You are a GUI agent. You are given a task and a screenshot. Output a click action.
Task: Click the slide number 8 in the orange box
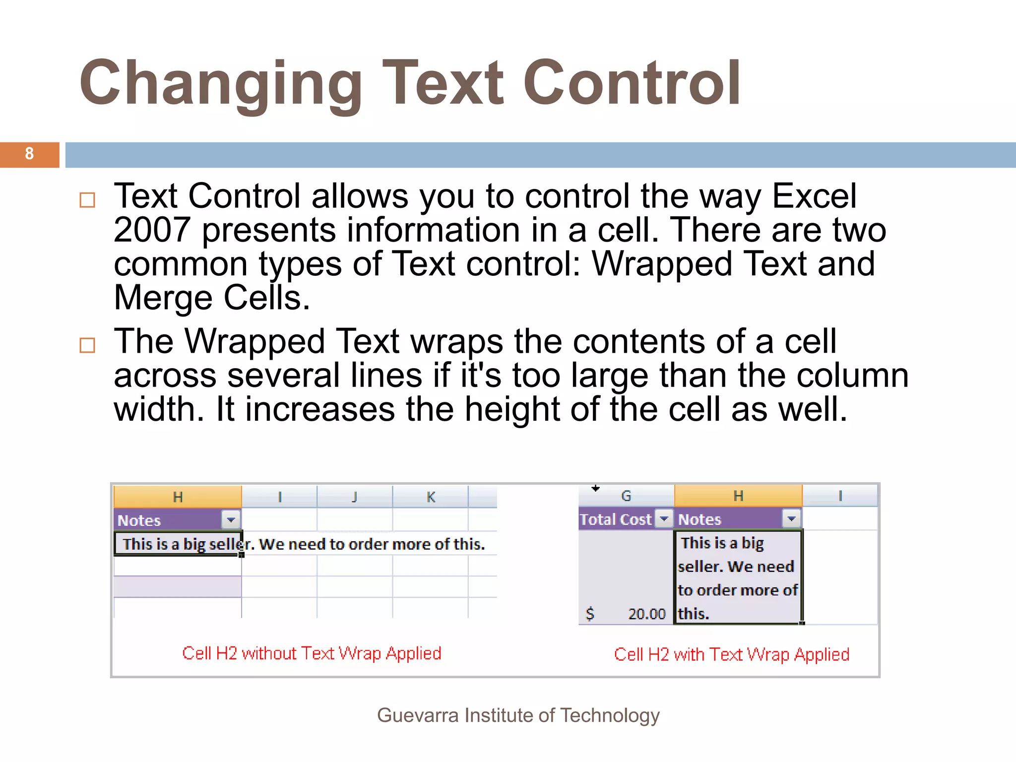tap(29, 154)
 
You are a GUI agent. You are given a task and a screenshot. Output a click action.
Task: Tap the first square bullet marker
tap(87, 200)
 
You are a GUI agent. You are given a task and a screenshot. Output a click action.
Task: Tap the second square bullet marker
tap(87, 345)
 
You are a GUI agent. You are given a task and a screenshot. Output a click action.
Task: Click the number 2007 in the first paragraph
tap(152, 231)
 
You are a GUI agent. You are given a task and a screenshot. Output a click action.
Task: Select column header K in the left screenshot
tap(431, 497)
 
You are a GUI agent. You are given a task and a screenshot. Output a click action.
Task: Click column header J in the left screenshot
tap(355, 497)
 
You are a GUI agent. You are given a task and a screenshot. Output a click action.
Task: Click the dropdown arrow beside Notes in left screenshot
tap(231, 520)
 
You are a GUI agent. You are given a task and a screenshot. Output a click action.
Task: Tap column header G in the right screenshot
tap(626, 496)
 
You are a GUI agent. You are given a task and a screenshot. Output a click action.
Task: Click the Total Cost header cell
tap(616, 519)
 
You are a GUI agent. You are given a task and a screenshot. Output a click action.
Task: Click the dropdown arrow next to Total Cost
tap(664, 519)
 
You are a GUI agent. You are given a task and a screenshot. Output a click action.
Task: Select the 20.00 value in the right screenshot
tap(646, 614)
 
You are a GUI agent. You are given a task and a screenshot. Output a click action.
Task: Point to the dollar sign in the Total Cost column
tap(590, 614)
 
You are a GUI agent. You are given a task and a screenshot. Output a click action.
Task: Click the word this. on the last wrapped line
tap(694, 614)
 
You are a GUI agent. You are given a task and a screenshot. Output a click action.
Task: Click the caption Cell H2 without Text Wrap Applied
tap(312, 653)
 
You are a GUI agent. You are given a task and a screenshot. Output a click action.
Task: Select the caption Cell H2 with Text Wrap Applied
tap(732, 654)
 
